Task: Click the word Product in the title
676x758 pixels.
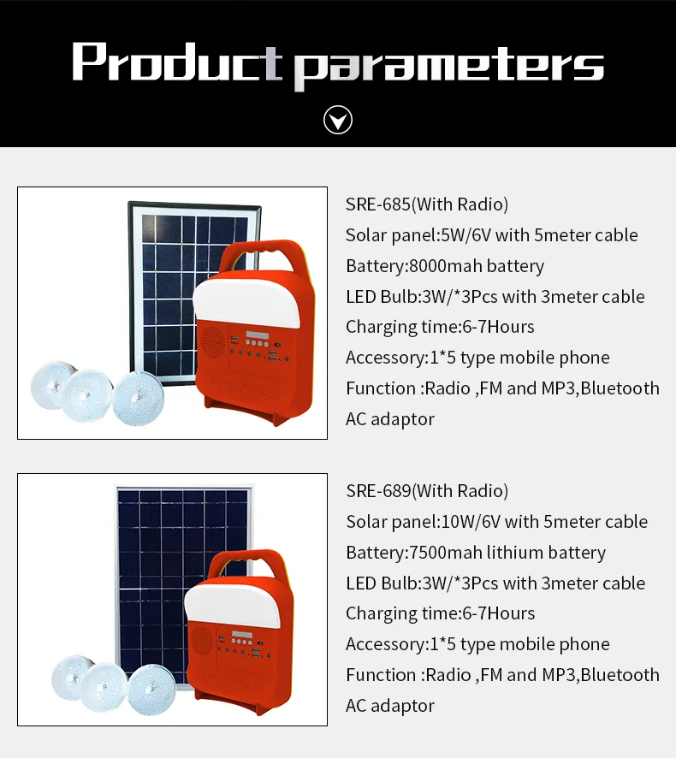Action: (x=176, y=62)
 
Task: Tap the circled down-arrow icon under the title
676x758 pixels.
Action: (x=338, y=121)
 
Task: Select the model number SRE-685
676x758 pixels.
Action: (x=377, y=204)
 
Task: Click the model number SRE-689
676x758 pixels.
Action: (x=377, y=491)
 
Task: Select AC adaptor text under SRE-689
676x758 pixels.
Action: (x=390, y=706)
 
